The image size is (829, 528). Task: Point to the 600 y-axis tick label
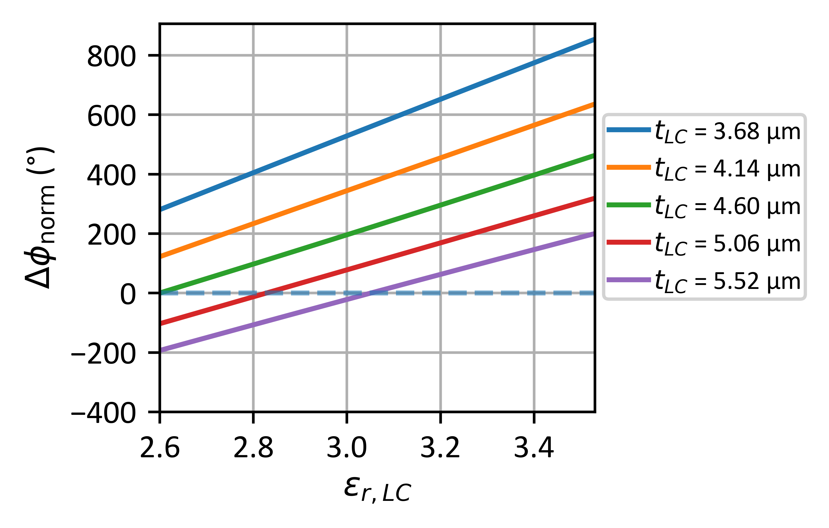(x=111, y=116)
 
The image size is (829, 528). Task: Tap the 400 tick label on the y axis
(x=111, y=176)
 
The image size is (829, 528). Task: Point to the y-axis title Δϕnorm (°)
(x=41, y=218)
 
